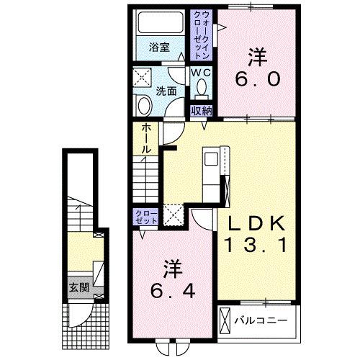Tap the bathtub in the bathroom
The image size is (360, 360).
point(160,25)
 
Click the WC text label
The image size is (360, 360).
point(200,73)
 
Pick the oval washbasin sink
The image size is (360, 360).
point(144,107)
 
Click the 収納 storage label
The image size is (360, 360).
point(202,110)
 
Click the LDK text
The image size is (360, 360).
point(256,222)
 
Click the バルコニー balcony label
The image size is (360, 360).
point(262,318)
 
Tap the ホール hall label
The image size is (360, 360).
point(145,138)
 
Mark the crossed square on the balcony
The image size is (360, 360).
point(226,319)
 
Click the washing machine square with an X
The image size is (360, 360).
point(143,76)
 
